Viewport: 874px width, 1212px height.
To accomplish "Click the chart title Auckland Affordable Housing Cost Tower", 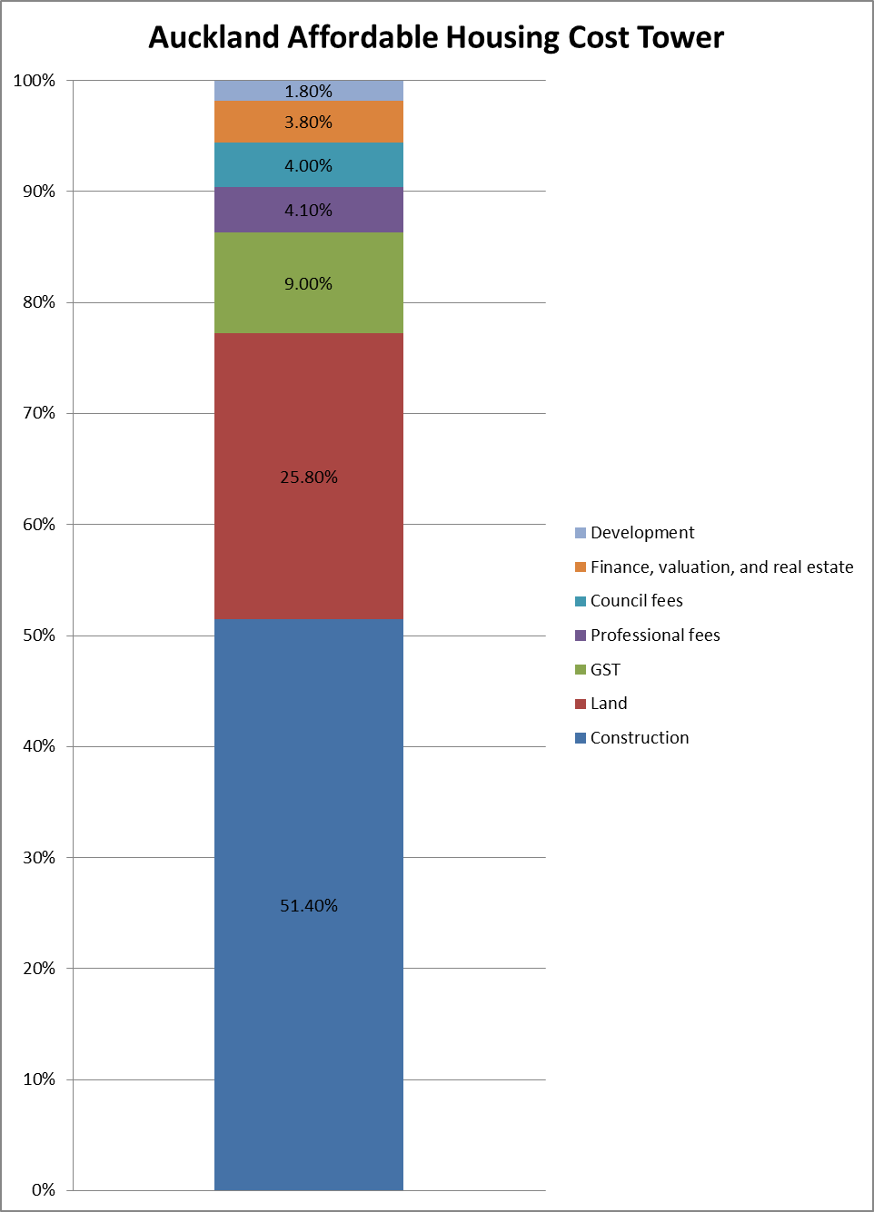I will [436, 38].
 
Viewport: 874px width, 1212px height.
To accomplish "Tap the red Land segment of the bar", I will [308, 409].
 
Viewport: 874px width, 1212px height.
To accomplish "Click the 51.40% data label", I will [309, 905].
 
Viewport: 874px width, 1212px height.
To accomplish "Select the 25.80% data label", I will [309, 477].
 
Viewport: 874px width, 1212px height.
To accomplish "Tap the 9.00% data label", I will [308, 283].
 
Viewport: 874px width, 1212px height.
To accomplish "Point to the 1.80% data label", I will [308, 91].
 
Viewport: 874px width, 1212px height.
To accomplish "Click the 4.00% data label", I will [308, 165].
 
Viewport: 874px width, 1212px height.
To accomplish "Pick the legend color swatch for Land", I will [581, 704].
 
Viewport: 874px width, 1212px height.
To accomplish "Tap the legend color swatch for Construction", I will [581, 738].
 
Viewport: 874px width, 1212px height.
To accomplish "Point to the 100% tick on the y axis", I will [35, 81].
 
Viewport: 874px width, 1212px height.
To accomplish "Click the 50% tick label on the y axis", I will [39, 636].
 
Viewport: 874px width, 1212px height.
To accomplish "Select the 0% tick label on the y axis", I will [44, 1190].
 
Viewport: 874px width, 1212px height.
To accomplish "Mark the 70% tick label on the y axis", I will [39, 413].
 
